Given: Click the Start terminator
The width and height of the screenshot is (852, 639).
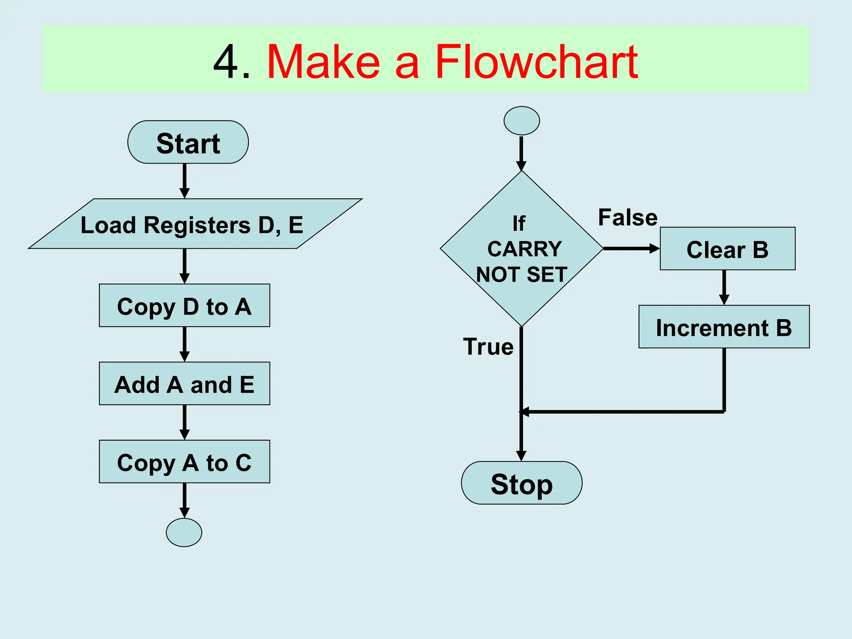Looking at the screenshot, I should pyautogui.click(x=188, y=142).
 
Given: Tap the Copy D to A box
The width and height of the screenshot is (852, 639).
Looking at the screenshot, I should pyautogui.click(x=184, y=306).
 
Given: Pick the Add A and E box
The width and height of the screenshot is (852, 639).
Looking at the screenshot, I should pyautogui.click(x=184, y=384).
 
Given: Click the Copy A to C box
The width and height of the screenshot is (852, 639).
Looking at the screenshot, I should pyautogui.click(x=184, y=462).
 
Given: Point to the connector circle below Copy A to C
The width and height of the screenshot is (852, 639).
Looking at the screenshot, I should pyautogui.click(x=184, y=532).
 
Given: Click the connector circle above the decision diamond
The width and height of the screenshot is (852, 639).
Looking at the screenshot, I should pyautogui.click(x=522, y=121).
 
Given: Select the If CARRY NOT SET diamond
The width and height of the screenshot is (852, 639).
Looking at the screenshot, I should pyautogui.click(x=522, y=249).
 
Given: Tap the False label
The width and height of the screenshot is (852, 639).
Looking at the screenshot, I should pyautogui.click(x=628, y=218).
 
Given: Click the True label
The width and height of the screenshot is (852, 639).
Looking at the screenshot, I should pyautogui.click(x=488, y=347).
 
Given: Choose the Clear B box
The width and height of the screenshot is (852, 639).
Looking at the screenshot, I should pyautogui.click(x=728, y=249).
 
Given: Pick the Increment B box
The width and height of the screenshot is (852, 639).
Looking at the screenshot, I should pyautogui.click(x=724, y=327).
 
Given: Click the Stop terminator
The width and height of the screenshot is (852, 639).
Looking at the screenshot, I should pyautogui.click(x=522, y=483).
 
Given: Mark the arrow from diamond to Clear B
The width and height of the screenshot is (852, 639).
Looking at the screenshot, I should pyautogui.click(x=632, y=249).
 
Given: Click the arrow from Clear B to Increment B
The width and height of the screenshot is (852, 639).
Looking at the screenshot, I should pyautogui.click(x=724, y=287).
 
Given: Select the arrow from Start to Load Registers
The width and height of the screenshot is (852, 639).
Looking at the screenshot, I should pyautogui.click(x=185, y=181).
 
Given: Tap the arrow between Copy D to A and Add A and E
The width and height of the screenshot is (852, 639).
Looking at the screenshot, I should pyautogui.click(x=185, y=344).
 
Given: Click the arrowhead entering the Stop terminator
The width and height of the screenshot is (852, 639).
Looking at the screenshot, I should pyautogui.click(x=521, y=456).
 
